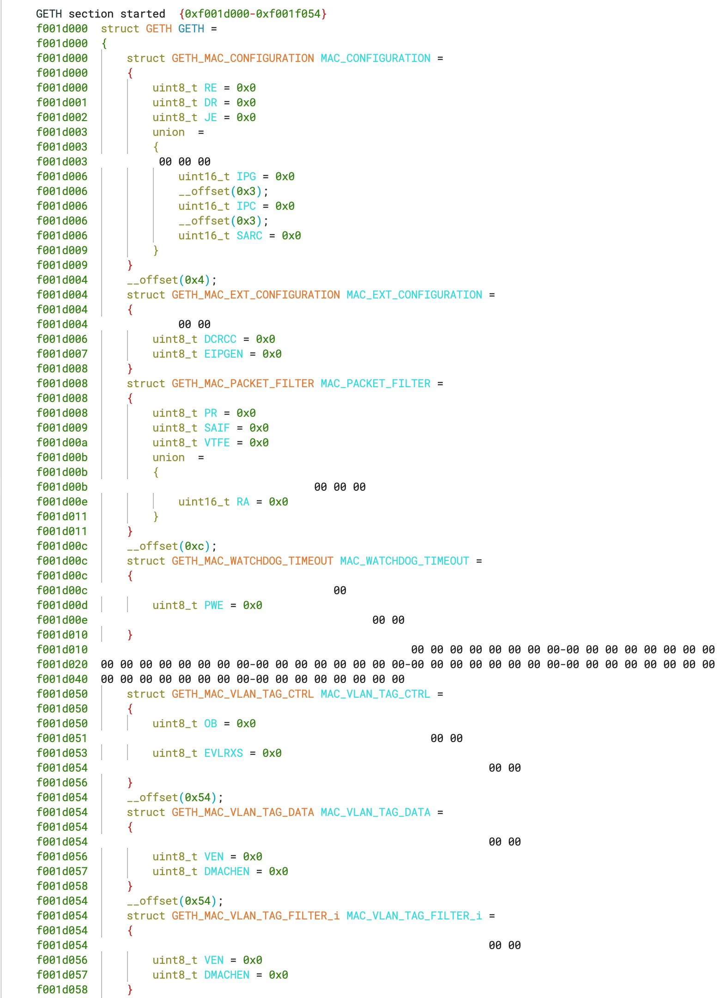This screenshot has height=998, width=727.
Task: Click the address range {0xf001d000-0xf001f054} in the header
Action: click(253, 14)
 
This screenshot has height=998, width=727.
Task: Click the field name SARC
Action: click(249, 236)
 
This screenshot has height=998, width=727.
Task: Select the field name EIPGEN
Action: click(224, 354)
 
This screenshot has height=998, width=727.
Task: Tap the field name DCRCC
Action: click(220, 339)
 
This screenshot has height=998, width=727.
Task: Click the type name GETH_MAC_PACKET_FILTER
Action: click(242, 383)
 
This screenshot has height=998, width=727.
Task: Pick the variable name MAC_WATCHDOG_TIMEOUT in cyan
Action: click(405, 561)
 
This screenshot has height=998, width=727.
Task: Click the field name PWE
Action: click(214, 605)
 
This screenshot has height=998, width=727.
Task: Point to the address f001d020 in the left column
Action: click(62, 664)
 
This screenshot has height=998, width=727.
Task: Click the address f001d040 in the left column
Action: click(62, 679)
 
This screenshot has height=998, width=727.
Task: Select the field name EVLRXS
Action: click(224, 753)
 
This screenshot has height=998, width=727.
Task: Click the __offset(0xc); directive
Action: click(172, 546)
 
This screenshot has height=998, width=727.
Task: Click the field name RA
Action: click(243, 502)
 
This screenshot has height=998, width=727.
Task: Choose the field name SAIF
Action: click(217, 428)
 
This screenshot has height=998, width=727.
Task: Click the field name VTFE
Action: click(217, 443)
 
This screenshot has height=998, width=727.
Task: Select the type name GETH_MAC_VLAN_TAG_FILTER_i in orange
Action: click(255, 916)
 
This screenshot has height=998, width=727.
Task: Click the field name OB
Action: click(211, 724)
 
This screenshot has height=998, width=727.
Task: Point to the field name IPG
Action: click(246, 176)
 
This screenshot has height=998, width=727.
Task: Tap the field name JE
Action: click(211, 117)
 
